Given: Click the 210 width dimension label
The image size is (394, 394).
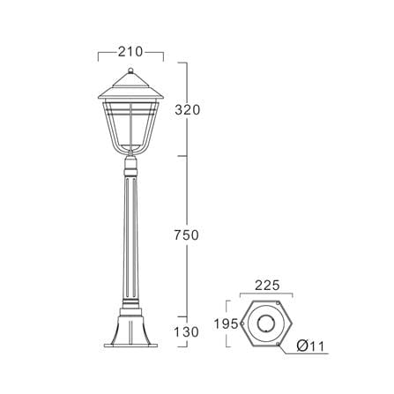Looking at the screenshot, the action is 130,52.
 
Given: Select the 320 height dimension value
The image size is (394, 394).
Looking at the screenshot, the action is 187,110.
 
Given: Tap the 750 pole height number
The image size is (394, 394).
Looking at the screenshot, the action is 187,235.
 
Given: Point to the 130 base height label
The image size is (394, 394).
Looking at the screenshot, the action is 187,332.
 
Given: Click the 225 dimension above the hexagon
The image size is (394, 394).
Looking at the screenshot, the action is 267,286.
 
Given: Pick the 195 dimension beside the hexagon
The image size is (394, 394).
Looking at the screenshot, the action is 226,324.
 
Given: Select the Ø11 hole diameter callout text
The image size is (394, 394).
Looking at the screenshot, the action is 310,346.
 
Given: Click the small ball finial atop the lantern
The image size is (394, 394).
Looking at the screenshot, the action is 130,71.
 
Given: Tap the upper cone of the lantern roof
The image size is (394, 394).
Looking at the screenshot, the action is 130,79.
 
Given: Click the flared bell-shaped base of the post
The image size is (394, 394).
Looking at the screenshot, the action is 130,330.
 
